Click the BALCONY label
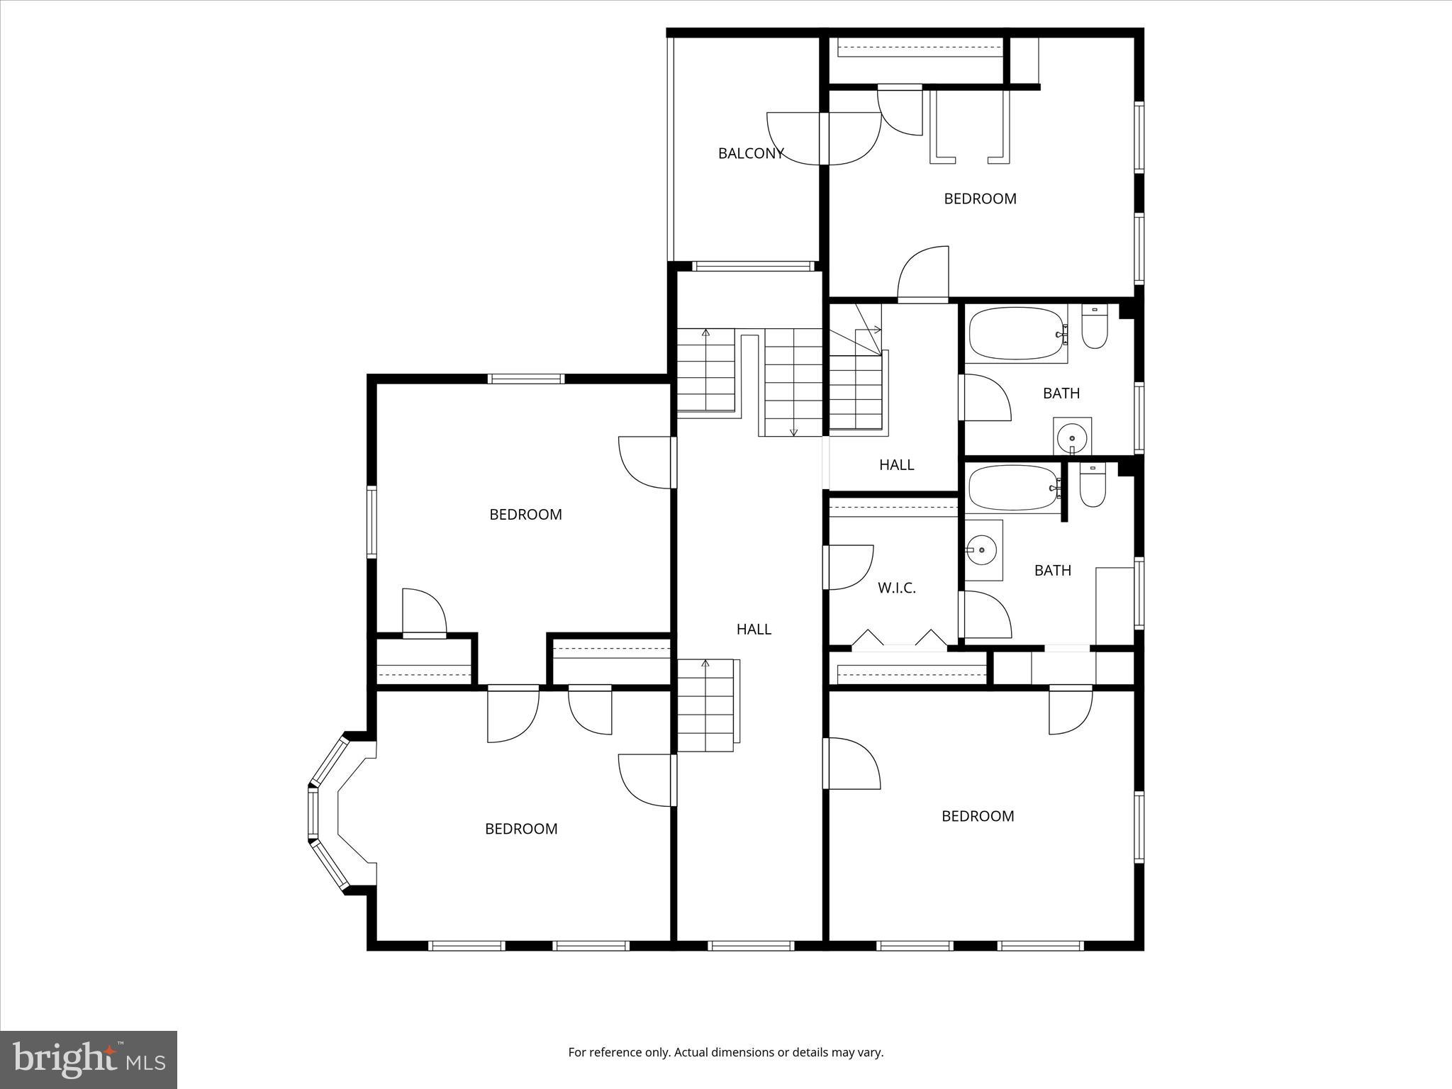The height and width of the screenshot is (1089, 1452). (750, 154)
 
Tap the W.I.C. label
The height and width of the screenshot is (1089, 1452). (897, 588)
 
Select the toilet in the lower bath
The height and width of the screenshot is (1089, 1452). (1093, 486)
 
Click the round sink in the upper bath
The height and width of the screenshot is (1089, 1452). (1071, 437)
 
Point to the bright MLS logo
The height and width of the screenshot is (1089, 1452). (89, 1059)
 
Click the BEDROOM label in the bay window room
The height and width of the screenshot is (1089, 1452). (521, 829)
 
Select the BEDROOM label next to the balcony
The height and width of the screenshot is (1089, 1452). (980, 199)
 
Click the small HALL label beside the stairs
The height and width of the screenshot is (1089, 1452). (896, 465)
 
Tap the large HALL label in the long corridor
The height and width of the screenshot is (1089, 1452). (754, 630)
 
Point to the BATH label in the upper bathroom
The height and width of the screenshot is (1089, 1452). (1061, 393)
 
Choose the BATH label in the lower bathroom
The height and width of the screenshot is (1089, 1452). (1052, 571)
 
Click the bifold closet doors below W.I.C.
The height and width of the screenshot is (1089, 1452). (898, 638)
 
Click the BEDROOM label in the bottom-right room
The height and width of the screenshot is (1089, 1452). (977, 817)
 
